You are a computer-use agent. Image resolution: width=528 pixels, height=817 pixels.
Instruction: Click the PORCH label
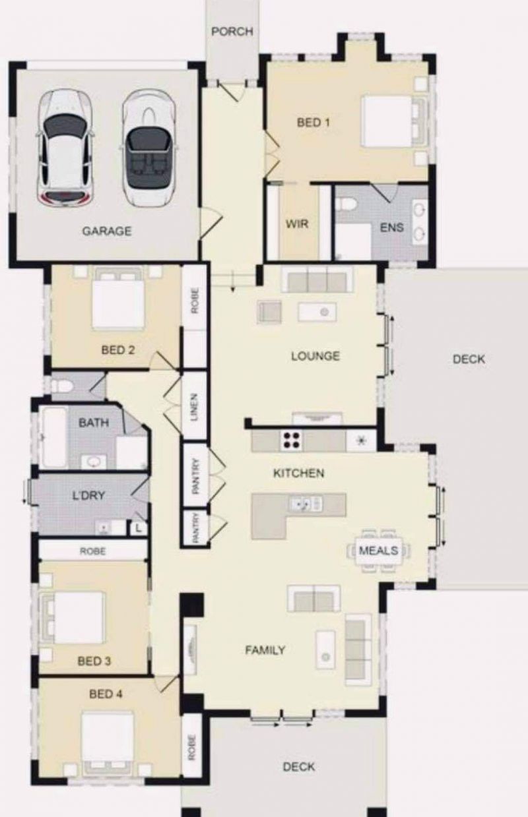tap(232, 32)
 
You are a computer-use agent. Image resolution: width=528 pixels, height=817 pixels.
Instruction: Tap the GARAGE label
tap(107, 231)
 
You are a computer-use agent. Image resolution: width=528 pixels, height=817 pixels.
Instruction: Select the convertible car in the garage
tap(149, 148)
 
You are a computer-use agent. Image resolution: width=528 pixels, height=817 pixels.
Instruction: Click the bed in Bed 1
tap(393, 121)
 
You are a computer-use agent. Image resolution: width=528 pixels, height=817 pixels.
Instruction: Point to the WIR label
tap(297, 224)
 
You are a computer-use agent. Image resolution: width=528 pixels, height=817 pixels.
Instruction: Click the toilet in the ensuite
tap(345, 205)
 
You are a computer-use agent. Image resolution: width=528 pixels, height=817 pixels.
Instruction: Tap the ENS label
tap(392, 227)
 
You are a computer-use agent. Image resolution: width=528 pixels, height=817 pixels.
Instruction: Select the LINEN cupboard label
tap(194, 407)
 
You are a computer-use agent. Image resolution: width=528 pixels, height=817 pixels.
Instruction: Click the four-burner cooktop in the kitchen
tap(291, 440)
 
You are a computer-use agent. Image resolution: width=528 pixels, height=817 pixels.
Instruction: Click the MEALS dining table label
tap(378, 550)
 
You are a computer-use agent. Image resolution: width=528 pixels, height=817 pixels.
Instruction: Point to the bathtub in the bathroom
tap(55, 437)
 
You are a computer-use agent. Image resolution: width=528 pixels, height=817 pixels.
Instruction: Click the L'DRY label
tap(88, 495)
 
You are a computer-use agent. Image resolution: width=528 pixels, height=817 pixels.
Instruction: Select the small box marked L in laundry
tap(139, 528)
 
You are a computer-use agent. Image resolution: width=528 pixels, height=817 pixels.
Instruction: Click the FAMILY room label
tap(265, 650)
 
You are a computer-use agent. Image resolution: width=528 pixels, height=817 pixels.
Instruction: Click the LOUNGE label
tap(315, 355)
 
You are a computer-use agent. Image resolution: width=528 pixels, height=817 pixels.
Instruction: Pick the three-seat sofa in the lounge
tap(317, 280)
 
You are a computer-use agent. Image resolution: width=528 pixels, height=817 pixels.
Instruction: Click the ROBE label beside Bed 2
tap(195, 301)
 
